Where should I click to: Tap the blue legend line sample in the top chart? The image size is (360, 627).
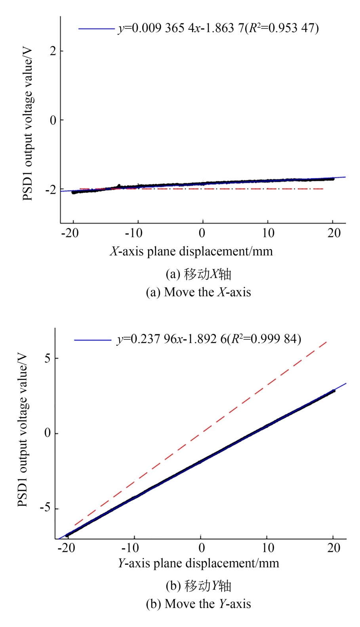pos(96,29)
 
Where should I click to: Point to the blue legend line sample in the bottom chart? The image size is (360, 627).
pos(93,340)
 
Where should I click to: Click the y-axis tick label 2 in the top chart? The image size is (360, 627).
pos(53,51)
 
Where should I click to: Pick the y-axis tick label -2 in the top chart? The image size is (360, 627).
pos(51,190)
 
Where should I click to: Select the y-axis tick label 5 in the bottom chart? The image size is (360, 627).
pos(48,358)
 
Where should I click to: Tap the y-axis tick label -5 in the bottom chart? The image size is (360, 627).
pos(46,509)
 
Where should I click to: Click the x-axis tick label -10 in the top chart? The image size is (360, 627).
pos(133,233)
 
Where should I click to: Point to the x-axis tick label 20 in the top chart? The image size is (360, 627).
pos(334,233)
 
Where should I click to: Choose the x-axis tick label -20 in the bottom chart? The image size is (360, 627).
pos(66,548)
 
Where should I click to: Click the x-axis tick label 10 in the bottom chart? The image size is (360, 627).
pos(268,548)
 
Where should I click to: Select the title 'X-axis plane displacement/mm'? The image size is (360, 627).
pos(191,252)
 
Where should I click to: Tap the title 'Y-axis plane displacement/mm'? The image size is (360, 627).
pos(198,563)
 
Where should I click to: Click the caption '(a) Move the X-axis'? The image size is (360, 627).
pos(198,292)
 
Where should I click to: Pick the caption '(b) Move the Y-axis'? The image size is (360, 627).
pos(198,604)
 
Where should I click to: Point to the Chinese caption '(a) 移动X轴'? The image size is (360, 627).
pos(198,274)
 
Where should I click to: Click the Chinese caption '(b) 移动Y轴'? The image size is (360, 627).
pos(198,586)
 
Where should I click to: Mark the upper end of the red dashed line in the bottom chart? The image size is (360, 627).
pos(327,341)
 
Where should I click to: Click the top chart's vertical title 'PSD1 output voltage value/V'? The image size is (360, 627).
pos(27,125)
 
